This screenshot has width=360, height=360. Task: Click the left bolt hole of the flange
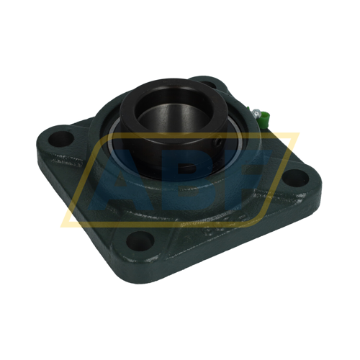coord(60,140)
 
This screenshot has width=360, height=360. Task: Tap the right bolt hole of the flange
coord(294,179)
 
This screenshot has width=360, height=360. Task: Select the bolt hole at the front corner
coord(140,240)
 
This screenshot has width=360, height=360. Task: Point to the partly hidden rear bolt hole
coord(208,84)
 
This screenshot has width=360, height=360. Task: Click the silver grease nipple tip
coord(256,112)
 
